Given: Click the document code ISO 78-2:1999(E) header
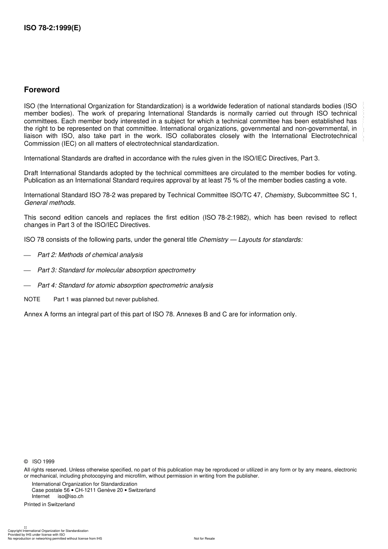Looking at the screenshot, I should point(52,28).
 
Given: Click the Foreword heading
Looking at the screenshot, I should point(42,90).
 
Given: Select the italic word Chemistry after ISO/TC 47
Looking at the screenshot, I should point(279,195).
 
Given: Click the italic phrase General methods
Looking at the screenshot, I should point(49,202).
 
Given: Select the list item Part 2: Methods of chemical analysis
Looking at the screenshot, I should point(90,255).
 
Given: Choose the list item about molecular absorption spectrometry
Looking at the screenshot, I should point(116,270).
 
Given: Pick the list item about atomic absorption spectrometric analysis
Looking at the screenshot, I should point(125,285).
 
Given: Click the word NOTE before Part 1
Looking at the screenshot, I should point(32,299).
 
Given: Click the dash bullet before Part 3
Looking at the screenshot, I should point(27,271).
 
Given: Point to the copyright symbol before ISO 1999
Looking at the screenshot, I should point(26,462).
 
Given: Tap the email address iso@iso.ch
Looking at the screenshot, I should point(70,496).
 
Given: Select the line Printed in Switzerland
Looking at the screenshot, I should point(49,505).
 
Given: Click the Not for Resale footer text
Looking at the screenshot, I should point(204,538).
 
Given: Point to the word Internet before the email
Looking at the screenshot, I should point(40,496).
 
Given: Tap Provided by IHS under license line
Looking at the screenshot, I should point(36,534).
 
